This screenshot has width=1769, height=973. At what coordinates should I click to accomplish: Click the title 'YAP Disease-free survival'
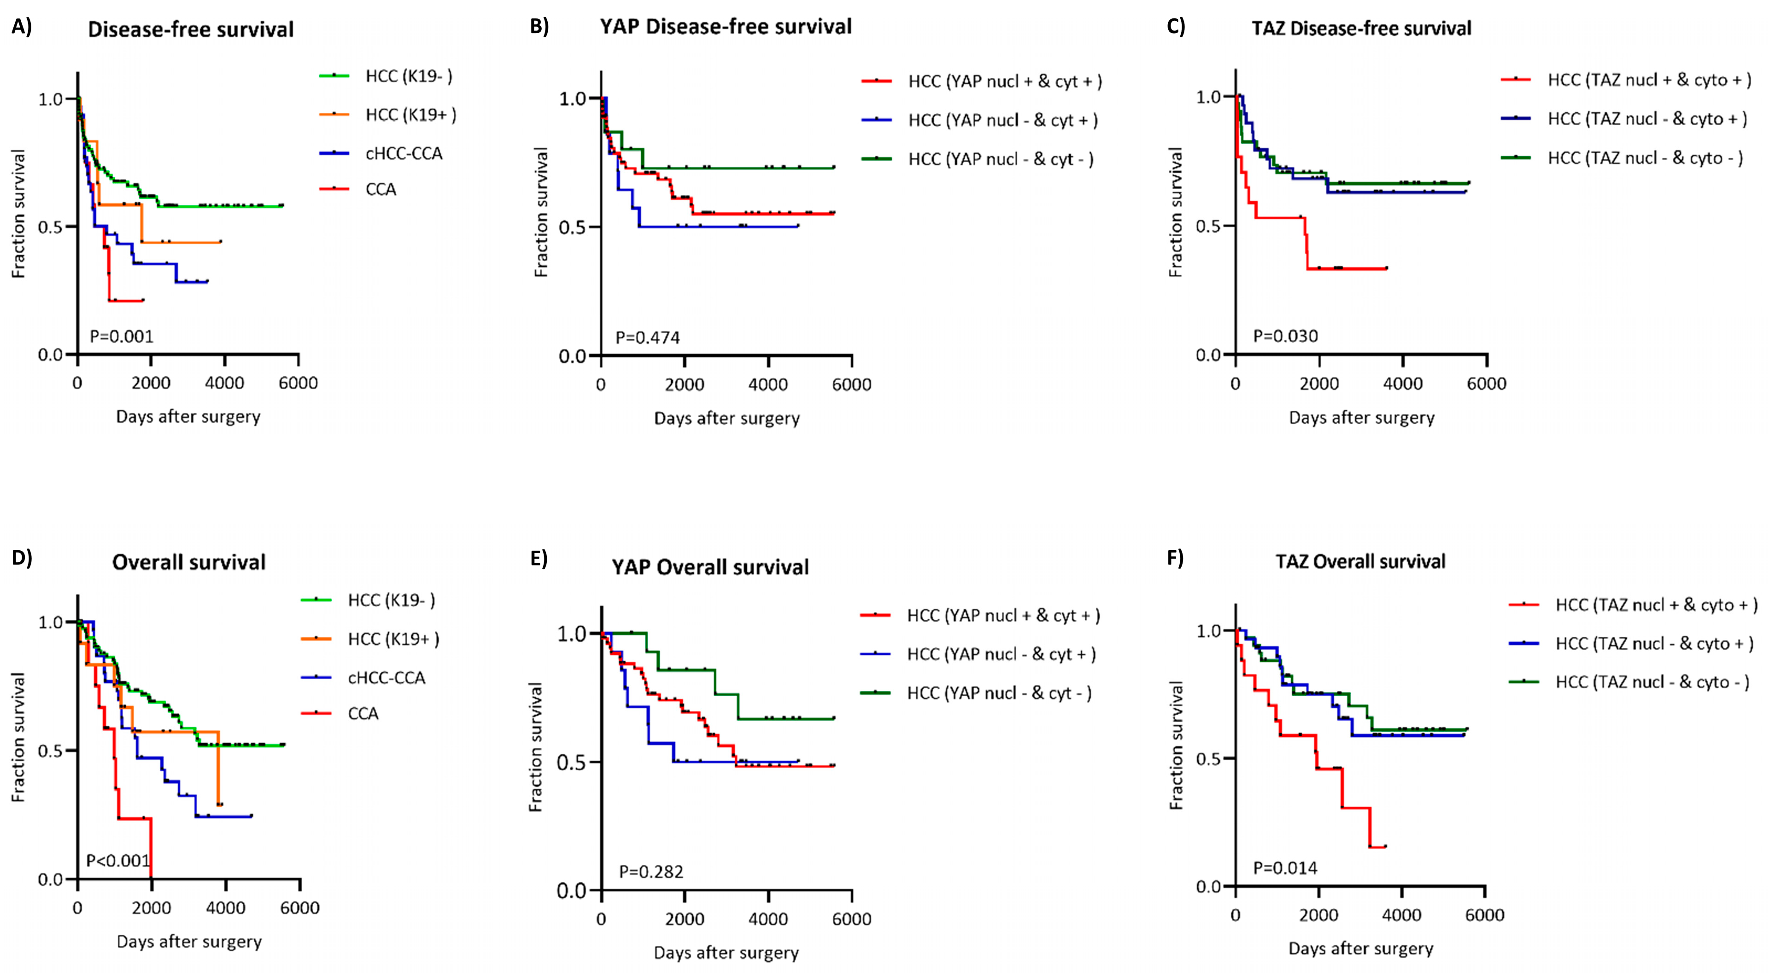click(726, 27)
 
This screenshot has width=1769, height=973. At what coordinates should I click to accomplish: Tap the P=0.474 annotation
click(648, 337)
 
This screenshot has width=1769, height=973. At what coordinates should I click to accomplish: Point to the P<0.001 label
click(118, 860)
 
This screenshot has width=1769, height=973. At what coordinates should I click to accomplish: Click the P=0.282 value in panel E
click(651, 871)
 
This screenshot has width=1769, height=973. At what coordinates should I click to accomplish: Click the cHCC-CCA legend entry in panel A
click(404, 153)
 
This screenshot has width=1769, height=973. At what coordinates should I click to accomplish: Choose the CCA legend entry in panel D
click(363, 713)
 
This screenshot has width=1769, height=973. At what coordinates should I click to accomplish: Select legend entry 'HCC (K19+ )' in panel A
click(410, 115)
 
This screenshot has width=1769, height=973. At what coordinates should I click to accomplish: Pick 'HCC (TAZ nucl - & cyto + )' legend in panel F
click(1654, 643)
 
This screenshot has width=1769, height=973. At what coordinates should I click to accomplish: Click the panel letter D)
click(22, 558)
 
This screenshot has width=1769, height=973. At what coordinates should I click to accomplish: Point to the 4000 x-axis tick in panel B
click(768, 385)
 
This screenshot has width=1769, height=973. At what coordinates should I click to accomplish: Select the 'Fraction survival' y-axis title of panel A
click(18, 214)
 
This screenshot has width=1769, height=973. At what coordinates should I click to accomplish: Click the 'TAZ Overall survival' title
click(1360, 562)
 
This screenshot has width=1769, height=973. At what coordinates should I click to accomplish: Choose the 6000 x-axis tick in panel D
click(300, 908)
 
